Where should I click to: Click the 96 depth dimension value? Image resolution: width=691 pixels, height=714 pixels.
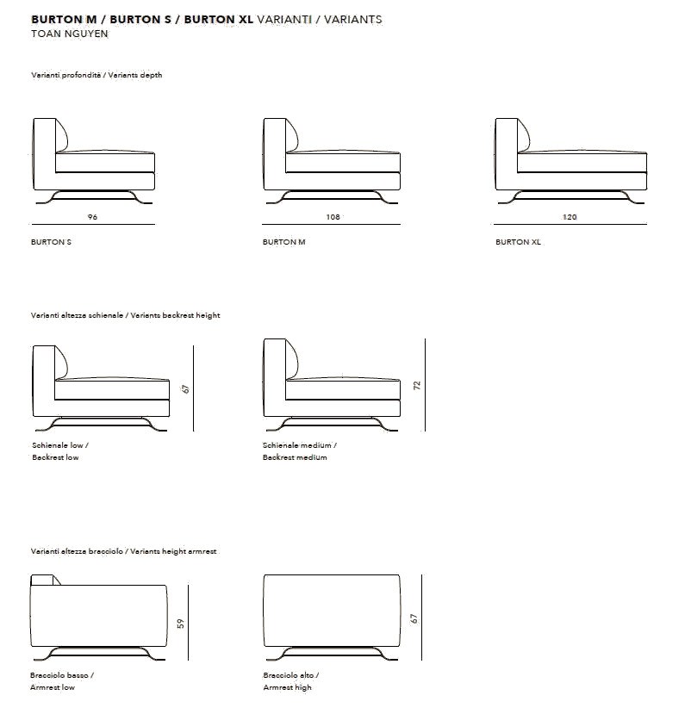coord(93,217)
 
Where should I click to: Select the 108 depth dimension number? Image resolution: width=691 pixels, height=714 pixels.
coord(333,217)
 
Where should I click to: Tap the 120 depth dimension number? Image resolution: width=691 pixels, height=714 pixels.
coord(570,217)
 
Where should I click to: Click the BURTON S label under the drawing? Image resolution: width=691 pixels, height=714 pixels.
coord(51,242)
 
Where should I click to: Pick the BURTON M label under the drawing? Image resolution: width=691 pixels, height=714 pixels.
coord(284,242)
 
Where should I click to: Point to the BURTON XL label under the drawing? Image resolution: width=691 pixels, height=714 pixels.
coord(519,242)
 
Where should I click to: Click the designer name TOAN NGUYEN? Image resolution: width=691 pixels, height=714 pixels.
coord(69,34)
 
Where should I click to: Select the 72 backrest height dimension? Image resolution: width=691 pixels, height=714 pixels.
coord(416,385)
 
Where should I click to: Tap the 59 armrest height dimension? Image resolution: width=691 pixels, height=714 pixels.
coord(181,623)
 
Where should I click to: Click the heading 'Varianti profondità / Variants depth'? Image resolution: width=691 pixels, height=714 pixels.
coord(96,75)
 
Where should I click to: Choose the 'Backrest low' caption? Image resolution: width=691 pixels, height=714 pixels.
coord(55,457)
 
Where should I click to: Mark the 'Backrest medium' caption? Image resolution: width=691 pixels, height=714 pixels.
coord(295,457)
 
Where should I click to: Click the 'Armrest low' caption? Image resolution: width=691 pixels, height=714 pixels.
coord(53,687)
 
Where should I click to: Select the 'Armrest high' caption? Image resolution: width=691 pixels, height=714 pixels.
coord(288,687)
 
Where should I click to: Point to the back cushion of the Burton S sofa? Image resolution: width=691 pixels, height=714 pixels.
coord(63,135)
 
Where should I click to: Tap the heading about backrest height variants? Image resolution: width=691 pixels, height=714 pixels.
coord(126,315)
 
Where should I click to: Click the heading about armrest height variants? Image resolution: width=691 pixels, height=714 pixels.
coord(124,550)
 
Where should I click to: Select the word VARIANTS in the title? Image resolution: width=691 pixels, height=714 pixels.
coord(353,19)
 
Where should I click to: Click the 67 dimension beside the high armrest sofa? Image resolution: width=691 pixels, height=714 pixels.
coord(414,618)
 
